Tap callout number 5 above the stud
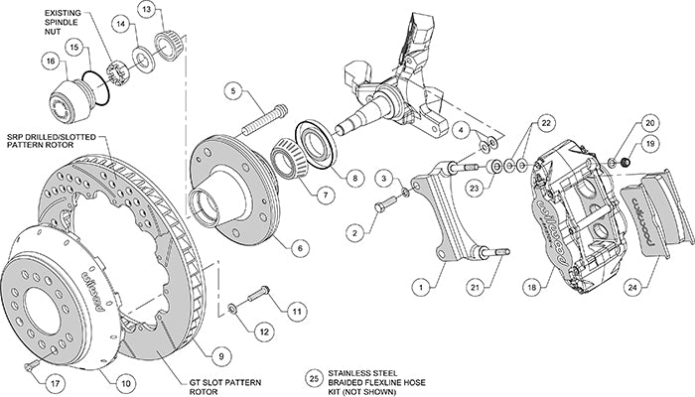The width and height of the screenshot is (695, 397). (x=234, y=91)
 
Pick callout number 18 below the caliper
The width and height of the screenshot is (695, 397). (x=534, y=287)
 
